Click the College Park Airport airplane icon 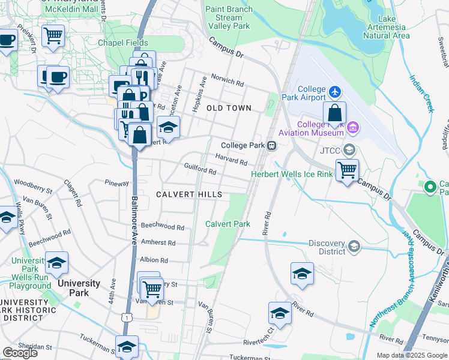pyautogui.click(x=335, y=92)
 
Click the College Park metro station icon pyautogui.click(x=272, y=145)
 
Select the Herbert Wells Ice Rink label pyautogui.click(x=291, y=175)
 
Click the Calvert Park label pyautogui.click(x=228, y=224)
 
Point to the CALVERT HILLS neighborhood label pyautogui.click(x=189, y=194)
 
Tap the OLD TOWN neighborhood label pyautogui.click(x=229, y=108)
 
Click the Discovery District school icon pyautogui.click(x=354, y=247)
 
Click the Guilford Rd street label pyautogui.click(x=200, y=170)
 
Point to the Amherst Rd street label pyautogui.click(x=158, y=243)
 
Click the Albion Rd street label pyautogui.click(x=154, y=260)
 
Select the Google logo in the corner pyautogui.click(x=20, y=352)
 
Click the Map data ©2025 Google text pyautogui.click(x=412, y=355)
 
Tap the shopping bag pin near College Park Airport pyautogui.click(x=335, y=112)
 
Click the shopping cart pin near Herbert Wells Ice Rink pyautogui.click(x=347, y=169)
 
